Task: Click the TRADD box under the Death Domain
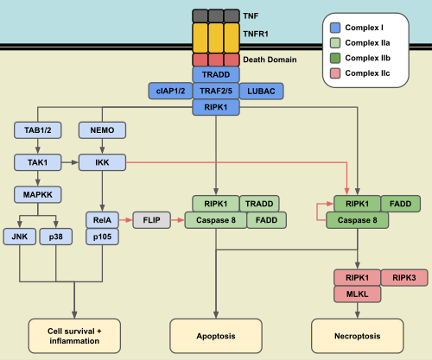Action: coord(216,75)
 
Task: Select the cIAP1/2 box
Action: coord(169,91)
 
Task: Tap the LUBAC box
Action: coord(261,91)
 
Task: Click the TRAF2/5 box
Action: coord(216,91)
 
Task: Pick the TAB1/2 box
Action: coord(37,130)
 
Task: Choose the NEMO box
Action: coord(103,130)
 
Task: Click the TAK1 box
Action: coord(37,161)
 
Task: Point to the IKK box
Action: coord(103,161)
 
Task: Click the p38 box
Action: coord(56,235)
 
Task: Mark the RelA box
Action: coord(102,219)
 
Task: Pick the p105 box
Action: coord(102,236)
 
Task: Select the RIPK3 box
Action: coord(403,277)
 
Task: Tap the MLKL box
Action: coord(356,294)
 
